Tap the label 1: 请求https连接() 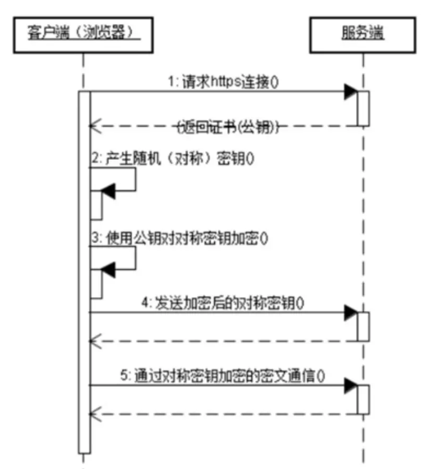coord(223,81)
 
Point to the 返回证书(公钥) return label coord(228,127)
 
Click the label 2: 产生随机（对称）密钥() coord(173,159)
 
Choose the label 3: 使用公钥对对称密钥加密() coord(180,238)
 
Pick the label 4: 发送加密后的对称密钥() coord(223,303)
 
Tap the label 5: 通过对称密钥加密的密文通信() coord(222,376)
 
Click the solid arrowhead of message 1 coord(351,92)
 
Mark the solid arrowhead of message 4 coord(351,313)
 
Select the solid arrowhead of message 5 coord(351,386)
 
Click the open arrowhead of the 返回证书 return coord(96,126)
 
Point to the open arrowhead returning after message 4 coord(96,341)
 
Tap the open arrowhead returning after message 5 coord(96,414)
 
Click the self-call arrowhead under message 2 coord(108,191)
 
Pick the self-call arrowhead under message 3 coord(108,270)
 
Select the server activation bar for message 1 coord(363,108)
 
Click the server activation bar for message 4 coord(363,326)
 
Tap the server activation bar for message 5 coord(363,400)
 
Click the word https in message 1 coord(226,81)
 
